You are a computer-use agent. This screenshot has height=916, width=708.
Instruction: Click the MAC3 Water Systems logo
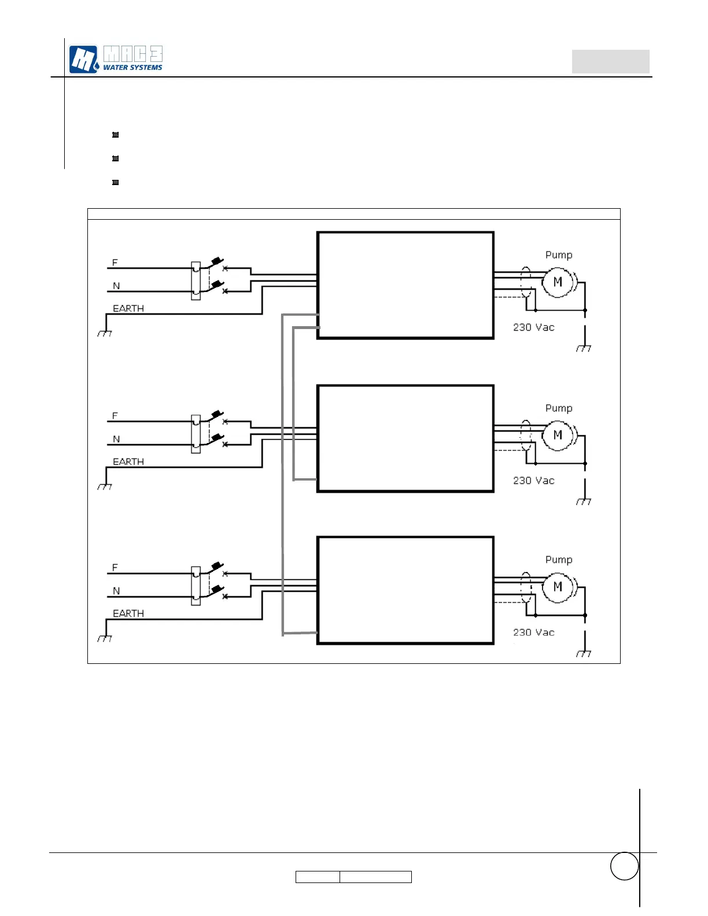click(x=116, y=59)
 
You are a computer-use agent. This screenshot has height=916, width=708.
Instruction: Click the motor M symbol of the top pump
click(x=558, y=282)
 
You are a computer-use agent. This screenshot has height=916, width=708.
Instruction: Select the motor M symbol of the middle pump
click(x=558, y=435)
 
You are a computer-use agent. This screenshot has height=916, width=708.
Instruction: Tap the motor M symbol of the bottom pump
click(x=558, y=587)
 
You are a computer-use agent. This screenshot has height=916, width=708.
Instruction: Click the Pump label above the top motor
click(x=559, y=255)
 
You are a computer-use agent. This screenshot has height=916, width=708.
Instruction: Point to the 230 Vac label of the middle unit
click(x=533, y=481)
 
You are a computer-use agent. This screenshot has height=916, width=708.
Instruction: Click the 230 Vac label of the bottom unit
click(x=533, y=633)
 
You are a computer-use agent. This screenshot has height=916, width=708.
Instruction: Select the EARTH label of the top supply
click(x=128, y=309)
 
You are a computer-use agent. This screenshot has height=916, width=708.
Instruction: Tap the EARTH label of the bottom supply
click(x=128, y=614)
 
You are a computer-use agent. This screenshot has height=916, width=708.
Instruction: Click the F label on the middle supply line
click(x=115, y=416)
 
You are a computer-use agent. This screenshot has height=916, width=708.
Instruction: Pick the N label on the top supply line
click(x=116, y=286)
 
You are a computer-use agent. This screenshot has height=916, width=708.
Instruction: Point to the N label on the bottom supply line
click(x=116, y=591)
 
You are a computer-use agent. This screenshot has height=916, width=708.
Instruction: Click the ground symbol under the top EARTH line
click(x=105, y=333)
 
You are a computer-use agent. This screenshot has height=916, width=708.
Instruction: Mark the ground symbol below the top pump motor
click(x=584, y=348)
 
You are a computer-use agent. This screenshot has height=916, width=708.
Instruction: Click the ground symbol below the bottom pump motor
click(x=584, y=653)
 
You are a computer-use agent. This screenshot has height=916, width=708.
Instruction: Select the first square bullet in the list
click(x=116, y=135)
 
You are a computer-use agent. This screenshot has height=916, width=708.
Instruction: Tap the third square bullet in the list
click(x=116, y=182)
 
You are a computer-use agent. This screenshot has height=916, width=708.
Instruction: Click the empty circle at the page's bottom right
click(x=624, y=866)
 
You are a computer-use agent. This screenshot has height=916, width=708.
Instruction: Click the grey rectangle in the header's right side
click(x=610, y=61)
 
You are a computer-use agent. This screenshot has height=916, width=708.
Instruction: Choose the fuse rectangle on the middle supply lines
click(x=196, y=434)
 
